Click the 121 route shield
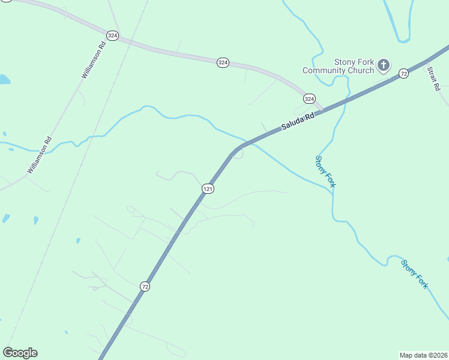coord(208,188)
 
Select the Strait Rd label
coord(433,78)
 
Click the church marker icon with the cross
coord(384,65)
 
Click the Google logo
coord(20,352)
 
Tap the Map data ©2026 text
coord(423,355)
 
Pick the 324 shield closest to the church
coord(309,98)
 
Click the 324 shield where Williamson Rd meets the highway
coord(112,36)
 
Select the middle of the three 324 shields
coord(223,62)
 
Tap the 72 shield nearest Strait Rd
coord(403,73)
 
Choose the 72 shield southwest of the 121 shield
coord(145,287)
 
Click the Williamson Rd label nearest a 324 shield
coord(94,60)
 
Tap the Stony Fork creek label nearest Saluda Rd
coord(325,171)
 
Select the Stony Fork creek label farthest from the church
coord(415,274)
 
